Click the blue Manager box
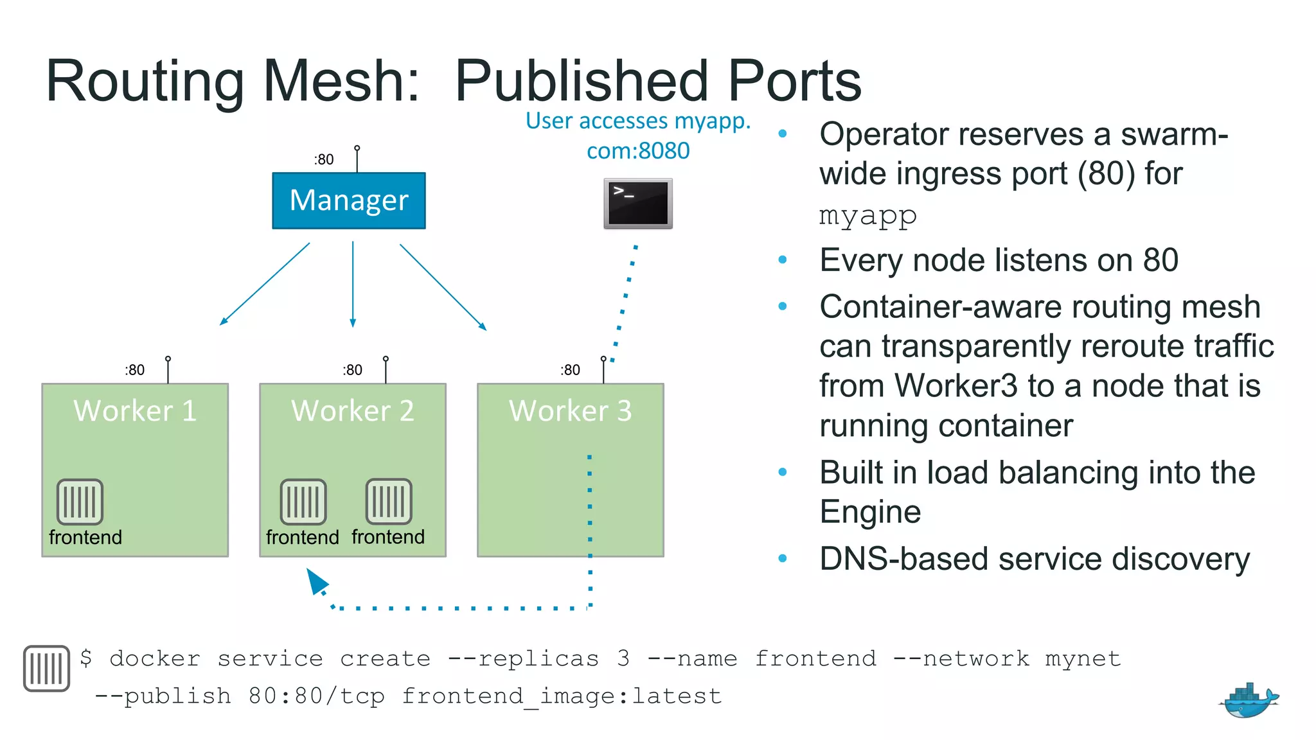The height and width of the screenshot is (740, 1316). [349, 200]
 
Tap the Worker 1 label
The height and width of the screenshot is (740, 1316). [135, 410]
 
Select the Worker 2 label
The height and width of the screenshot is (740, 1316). [352, 410]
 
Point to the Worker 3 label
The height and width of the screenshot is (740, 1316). [570, 410]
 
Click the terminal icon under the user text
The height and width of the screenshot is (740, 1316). [637, 204]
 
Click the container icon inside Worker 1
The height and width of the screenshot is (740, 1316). [80, 502]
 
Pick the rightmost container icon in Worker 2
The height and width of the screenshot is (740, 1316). [389, 502]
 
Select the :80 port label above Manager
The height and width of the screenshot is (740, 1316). [324, 159]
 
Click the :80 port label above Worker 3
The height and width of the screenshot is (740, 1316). [570, 370]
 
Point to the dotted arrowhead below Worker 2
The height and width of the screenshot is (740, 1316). [317, 581]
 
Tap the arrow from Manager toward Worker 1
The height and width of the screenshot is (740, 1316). [265, 283]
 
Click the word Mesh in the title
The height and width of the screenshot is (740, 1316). [341, 81]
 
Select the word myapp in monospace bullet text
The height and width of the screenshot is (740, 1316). [867, 215]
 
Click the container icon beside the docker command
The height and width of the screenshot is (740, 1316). [46, 668]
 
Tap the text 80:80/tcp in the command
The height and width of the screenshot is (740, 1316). [317, 696]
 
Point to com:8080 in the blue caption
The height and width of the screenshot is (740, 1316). [637, 151]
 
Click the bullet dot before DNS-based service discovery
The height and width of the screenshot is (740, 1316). [782, 558]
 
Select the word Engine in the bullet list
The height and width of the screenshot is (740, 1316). [870, 512]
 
